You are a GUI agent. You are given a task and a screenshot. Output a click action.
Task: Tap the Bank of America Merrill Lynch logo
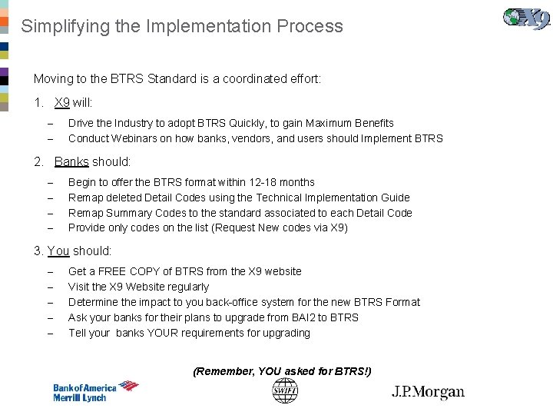pyautogui.click(x=95, y=391)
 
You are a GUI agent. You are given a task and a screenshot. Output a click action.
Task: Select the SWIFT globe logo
pyautogui.click(x=284, y=391)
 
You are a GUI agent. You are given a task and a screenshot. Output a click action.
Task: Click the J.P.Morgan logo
pyautogui.click(x=428, y=392)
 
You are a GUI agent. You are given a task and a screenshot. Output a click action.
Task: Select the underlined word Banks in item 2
pyautogui.click(x=71, y=162)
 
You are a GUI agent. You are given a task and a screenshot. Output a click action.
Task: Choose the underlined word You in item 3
pyautogui.click(x=58, y=251)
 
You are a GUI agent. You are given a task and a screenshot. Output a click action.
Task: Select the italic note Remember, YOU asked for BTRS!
pyautogui.click(x=282, y=371)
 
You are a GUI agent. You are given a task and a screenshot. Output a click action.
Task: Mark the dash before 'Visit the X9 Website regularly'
pyautogui.click(x=49, y=287)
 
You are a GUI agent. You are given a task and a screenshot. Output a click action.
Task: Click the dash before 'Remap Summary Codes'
pyautogui.click(x=49, y=214)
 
